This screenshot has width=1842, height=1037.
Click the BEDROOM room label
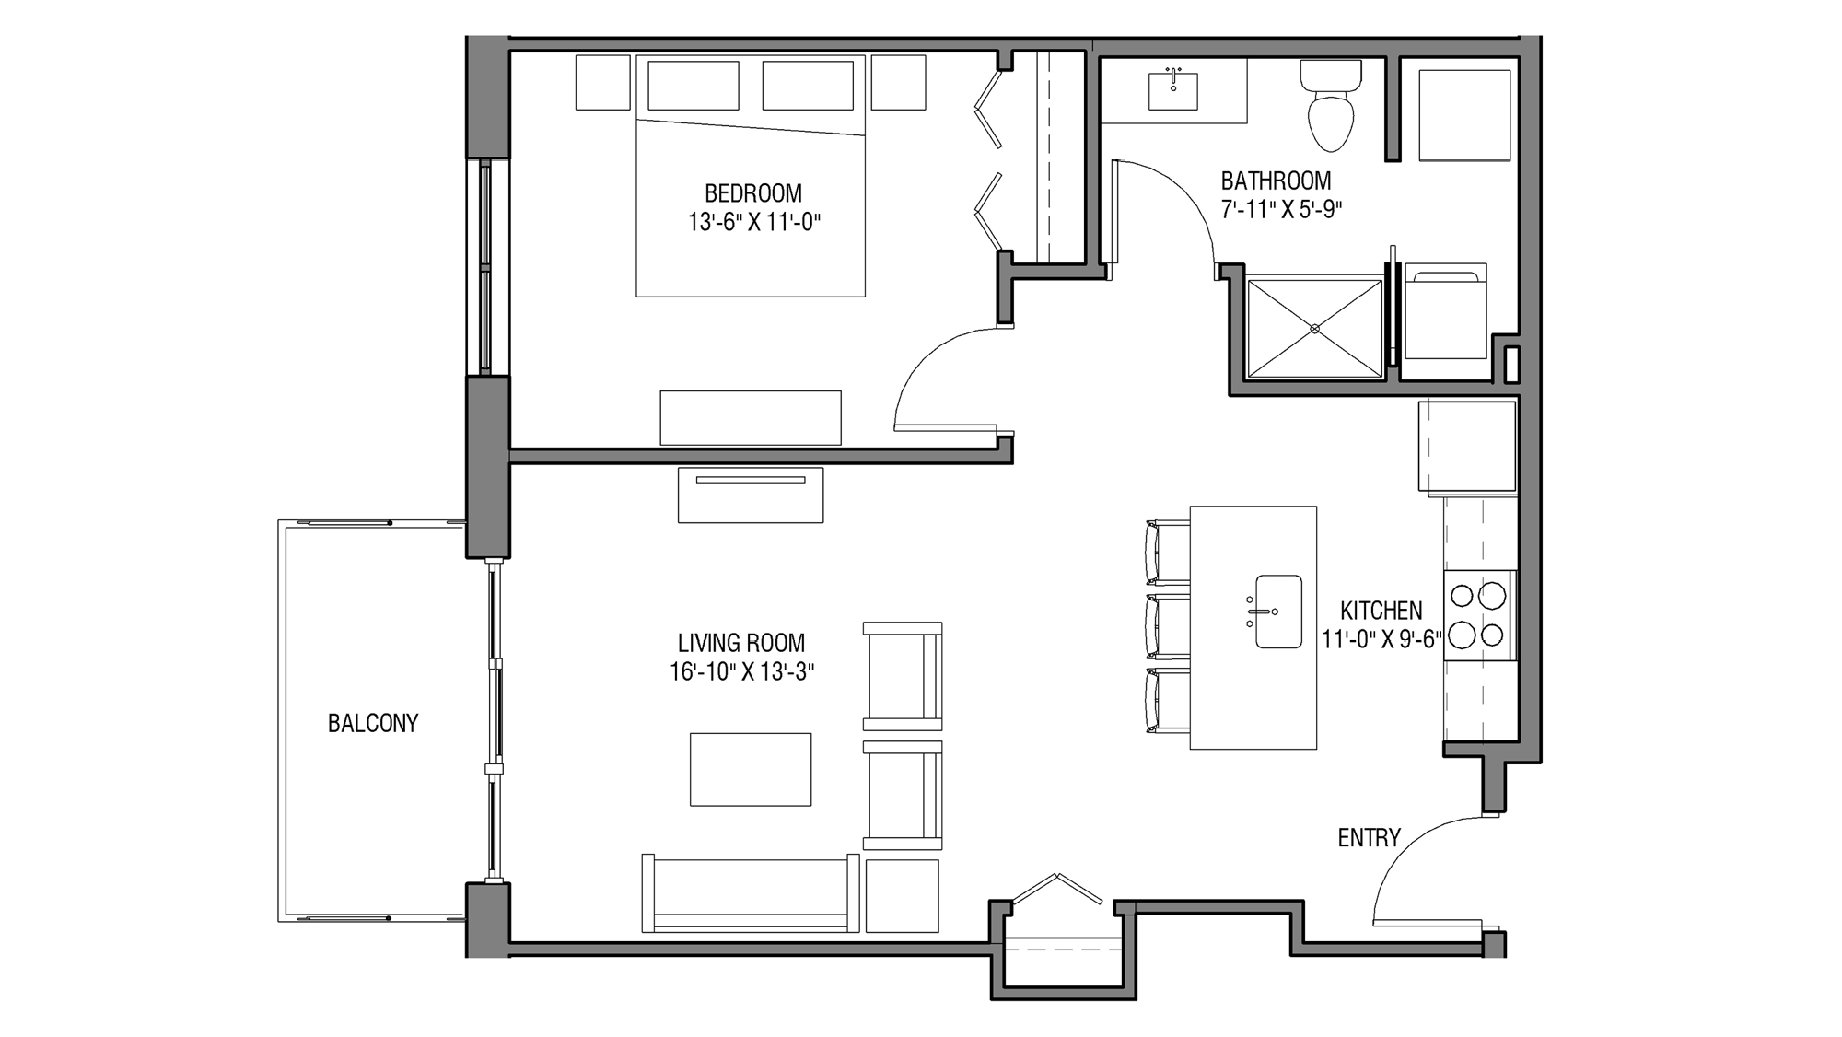(x=752, y=193)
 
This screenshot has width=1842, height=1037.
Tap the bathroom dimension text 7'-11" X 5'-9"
(x=1280, y=210)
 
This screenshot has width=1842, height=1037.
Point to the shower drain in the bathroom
(x=1314, y=329)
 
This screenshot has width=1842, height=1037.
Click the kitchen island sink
(x=1277, y=612)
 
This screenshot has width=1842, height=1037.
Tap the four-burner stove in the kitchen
(x=1477, y=615)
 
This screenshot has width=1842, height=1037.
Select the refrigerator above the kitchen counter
(x=1466, y=446)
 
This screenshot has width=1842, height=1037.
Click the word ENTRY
(x=1369, y=838)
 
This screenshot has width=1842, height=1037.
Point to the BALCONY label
(x=373, y=724)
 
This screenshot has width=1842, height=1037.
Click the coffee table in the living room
(x=751, y=769)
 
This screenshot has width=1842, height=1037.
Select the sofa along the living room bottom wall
(x=751, y=893)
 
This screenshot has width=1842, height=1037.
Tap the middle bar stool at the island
(x=1168, y=627)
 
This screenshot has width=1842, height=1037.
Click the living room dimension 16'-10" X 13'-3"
(x=741, y=672)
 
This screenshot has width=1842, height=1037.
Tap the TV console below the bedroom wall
(x=751, y=495)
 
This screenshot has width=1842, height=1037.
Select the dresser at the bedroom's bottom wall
(x=751, y=418)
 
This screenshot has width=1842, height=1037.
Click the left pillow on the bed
(x=694, y=86)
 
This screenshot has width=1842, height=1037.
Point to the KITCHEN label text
(x=1381, y=611)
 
